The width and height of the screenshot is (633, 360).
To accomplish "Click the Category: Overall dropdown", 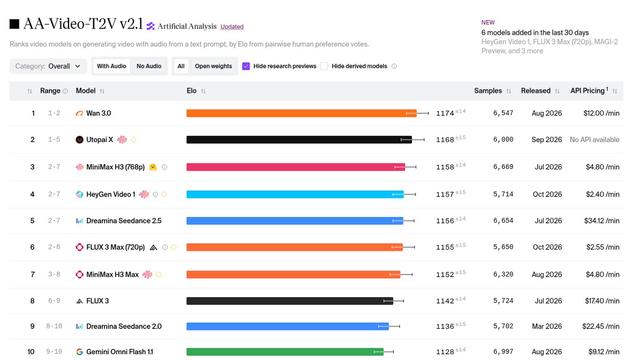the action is point(49,66).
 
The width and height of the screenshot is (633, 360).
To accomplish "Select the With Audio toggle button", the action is point(112,66).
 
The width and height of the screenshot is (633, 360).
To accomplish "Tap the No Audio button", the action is point(149,66).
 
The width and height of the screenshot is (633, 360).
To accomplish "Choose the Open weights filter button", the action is point(213,66).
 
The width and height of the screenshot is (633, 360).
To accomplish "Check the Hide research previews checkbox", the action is point(246,66).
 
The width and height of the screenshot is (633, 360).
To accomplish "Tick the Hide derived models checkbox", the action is point(324,66).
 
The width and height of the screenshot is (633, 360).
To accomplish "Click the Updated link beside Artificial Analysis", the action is point(232,26).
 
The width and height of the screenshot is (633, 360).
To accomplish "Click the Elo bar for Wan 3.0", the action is point(302,113).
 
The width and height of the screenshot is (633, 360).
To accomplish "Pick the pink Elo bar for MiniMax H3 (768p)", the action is point(296,167).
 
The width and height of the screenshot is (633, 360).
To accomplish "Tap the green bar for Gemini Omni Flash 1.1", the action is point(285,352).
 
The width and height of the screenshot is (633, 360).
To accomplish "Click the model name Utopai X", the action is point(100,140).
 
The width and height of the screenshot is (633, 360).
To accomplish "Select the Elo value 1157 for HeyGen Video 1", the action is point(445,195).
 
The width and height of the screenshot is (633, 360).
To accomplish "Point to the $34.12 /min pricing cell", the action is point(602,221).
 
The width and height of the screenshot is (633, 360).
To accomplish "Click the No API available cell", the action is point(594,140).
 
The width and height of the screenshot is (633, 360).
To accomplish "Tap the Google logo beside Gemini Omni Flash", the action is point(80,352).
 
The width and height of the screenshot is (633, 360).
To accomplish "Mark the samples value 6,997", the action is point(503,352).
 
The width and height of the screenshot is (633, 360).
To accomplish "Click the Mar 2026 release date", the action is point(547,326).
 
